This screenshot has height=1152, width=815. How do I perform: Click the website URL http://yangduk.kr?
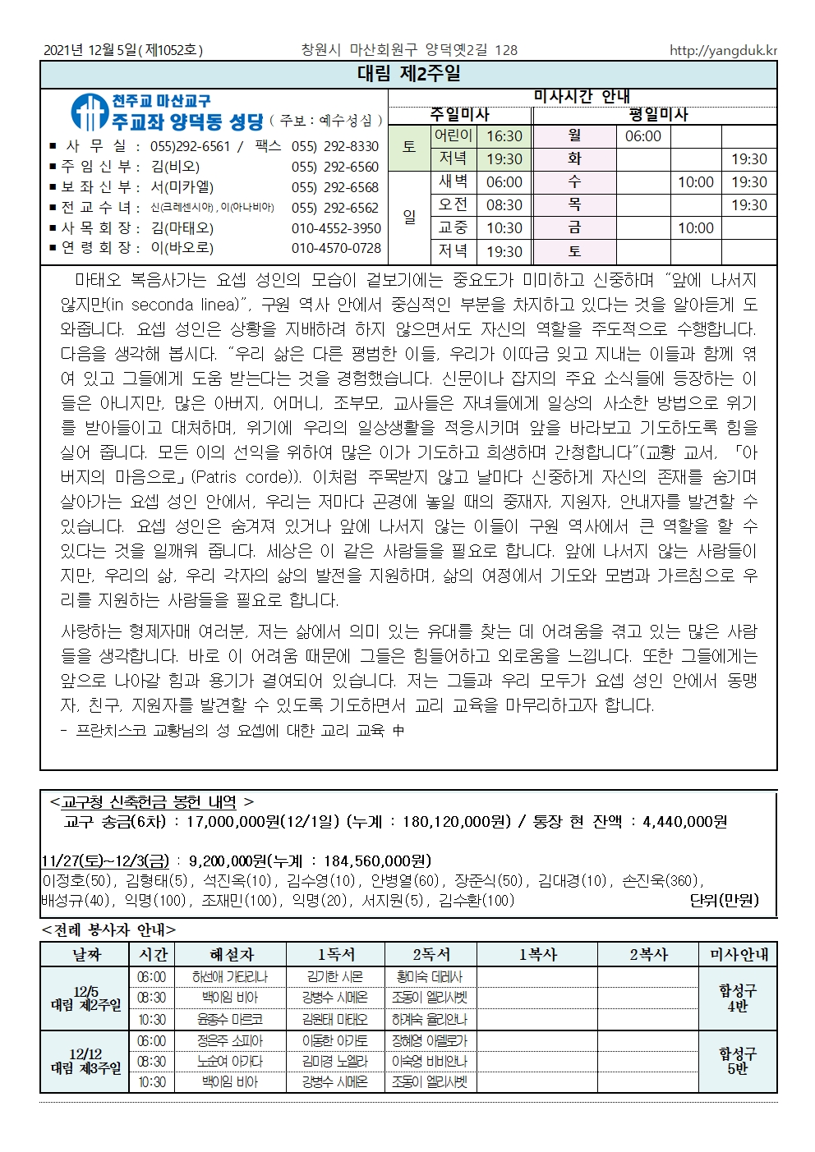722,51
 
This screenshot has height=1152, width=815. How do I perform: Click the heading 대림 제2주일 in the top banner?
408,75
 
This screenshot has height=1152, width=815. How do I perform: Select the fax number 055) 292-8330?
335,146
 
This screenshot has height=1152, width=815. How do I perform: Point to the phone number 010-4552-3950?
335,228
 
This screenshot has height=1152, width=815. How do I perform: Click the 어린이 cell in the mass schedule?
453,136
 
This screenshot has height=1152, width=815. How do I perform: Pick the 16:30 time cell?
504,136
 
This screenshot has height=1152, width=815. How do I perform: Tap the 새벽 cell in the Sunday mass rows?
453,182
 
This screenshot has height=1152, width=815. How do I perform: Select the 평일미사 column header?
657,115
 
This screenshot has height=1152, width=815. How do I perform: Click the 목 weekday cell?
574,205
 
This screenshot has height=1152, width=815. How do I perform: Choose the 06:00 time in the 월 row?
642,136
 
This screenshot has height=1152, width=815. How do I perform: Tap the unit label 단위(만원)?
724,901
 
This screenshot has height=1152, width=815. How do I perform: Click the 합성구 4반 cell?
737,998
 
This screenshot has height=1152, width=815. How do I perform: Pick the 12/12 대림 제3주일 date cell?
85,1062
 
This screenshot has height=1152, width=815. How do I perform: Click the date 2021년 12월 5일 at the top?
91,51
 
